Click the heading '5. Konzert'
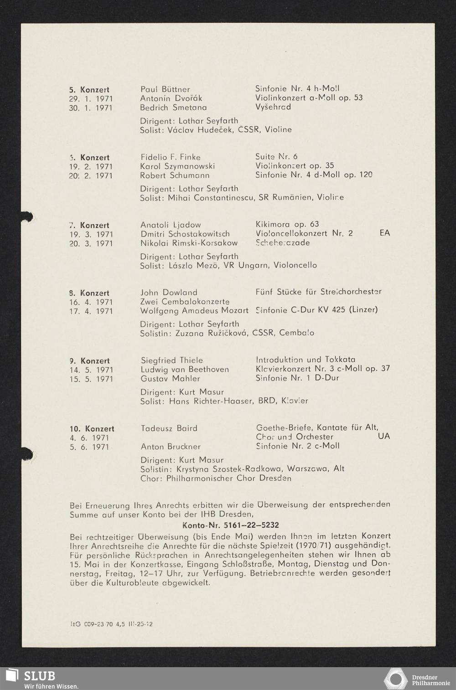(89, 90)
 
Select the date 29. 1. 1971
(91, 99)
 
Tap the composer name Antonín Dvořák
(171, 98)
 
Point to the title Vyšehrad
(273, 107)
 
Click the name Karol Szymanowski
(177, 166)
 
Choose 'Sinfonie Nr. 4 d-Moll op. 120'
(314, 175)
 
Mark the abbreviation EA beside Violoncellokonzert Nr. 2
(384, 233)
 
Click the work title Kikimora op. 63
(287, 224)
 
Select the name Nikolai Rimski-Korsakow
(189, 243)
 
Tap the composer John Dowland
(169, 292)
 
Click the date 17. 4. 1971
(91, 311)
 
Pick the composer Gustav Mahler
(170, 378)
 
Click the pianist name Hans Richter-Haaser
(211, 401)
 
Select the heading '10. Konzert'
(92, 429)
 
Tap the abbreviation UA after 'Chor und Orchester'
(384, 437)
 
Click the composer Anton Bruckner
(171, 447)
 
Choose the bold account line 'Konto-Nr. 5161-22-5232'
(230, 525)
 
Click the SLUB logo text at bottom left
(39, 675)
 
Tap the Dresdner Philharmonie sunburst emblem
(396, 678)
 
